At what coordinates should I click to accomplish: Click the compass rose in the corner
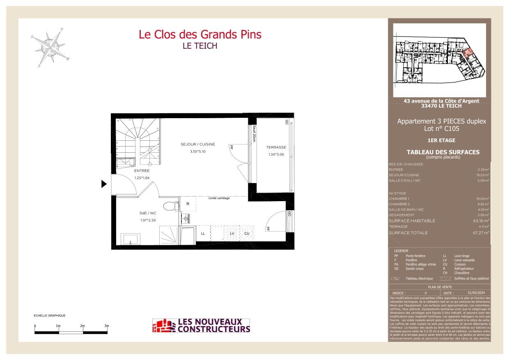point(50,46)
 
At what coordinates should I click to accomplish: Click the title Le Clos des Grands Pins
point(200,34)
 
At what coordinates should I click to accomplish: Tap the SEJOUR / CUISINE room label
point(198,144)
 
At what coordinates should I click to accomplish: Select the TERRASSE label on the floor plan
point(276,147)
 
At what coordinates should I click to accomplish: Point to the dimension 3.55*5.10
point(198,151)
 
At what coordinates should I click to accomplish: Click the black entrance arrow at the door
point(104,184)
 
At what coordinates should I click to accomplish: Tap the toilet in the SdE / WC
point(170,205)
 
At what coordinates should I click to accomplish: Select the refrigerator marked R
point(188,204)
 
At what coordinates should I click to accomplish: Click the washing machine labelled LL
point(203,234)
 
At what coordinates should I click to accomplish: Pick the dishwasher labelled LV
point(232,234)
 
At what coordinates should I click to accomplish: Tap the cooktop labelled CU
point(247,234)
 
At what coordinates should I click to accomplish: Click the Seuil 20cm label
point(254,133)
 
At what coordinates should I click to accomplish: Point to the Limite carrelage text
point(219,198)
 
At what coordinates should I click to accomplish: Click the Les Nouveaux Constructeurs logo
point(201,326)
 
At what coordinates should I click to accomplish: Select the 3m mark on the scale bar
point(106,326)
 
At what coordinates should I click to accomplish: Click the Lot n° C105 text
point(441,128)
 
